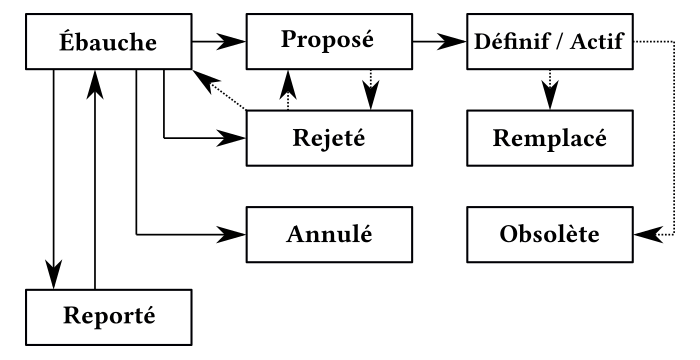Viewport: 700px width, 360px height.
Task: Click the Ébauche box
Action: tap(106, 44)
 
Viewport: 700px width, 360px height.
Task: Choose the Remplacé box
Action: tap(551, 138)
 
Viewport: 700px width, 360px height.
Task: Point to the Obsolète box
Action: tap(551, 237)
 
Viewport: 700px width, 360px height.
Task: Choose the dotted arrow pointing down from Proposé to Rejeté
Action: tap(370, 90)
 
